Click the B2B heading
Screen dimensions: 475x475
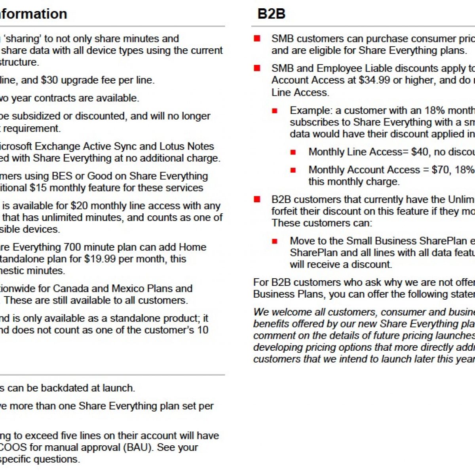pos(271,14)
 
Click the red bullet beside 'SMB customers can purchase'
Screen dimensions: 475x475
pos(257,38)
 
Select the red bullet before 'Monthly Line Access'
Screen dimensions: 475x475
pos(293,152)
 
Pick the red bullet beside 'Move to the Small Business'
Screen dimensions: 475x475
pos(275,241)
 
